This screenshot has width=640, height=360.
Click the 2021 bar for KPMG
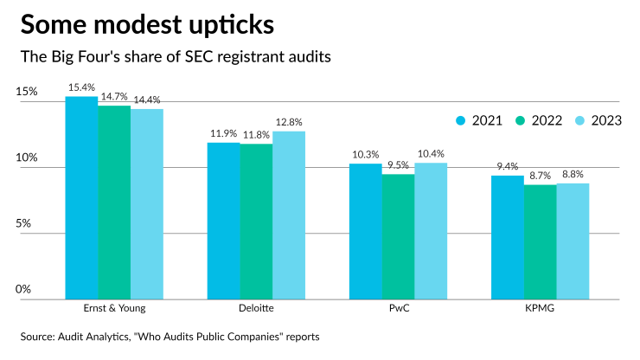pyautogui.click(x=508, y=237)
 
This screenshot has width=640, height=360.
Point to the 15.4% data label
pyautogui.click(x=82, y=88)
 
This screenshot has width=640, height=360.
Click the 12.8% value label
pyautogui.click(x=289, y=123)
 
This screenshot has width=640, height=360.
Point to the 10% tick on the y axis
pyautogui.click(x=27, y=158)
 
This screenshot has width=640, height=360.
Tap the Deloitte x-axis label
pyautogui.click(x=256, y=308)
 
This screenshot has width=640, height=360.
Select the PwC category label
pyautogui.click(x=398, y=308)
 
